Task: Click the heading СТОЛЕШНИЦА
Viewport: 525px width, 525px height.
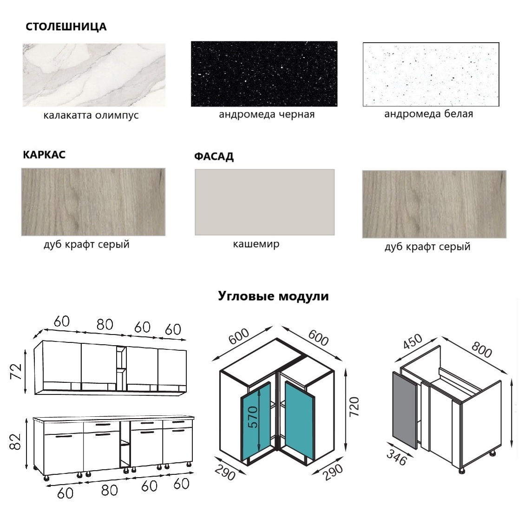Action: pos(66,26)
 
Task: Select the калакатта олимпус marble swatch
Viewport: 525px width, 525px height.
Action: pos(94,75)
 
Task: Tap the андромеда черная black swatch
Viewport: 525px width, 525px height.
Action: pos(264,74)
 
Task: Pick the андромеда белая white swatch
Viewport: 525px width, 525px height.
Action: pos(431,74)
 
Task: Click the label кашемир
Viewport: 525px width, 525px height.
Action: pos(256,244)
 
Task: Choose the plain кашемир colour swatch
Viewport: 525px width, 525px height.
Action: pos(264,202)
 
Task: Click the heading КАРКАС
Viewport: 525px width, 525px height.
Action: pos(44,155)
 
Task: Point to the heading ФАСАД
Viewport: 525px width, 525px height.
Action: pos(214,157)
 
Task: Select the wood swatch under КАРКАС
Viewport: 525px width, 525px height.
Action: pos(93,202)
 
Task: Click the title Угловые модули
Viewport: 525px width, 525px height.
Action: pos(273,296)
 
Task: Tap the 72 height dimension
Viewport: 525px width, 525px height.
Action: pos(16,371)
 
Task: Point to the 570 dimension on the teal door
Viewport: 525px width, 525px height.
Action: pos(254,417)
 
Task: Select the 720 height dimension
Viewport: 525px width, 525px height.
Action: pos(354,407)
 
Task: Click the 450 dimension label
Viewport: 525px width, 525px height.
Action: pos(413,341)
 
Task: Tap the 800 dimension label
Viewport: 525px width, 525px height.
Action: pos(482,349)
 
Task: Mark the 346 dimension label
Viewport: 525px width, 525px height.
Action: pos(397,457)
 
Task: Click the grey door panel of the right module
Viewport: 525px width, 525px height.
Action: pos(405,410)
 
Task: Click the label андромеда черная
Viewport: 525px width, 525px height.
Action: pos(267,114)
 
